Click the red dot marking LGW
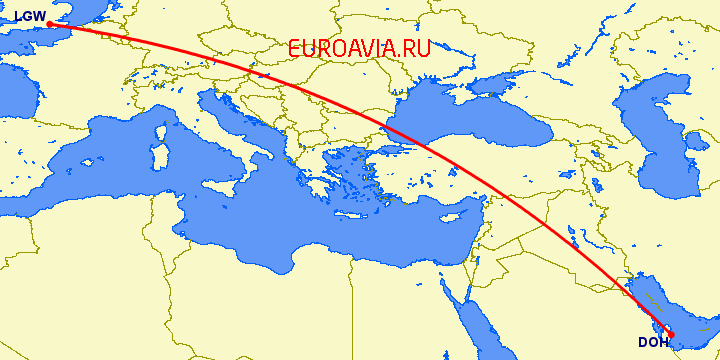49,24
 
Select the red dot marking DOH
671,334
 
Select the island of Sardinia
159,160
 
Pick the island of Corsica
162,127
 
